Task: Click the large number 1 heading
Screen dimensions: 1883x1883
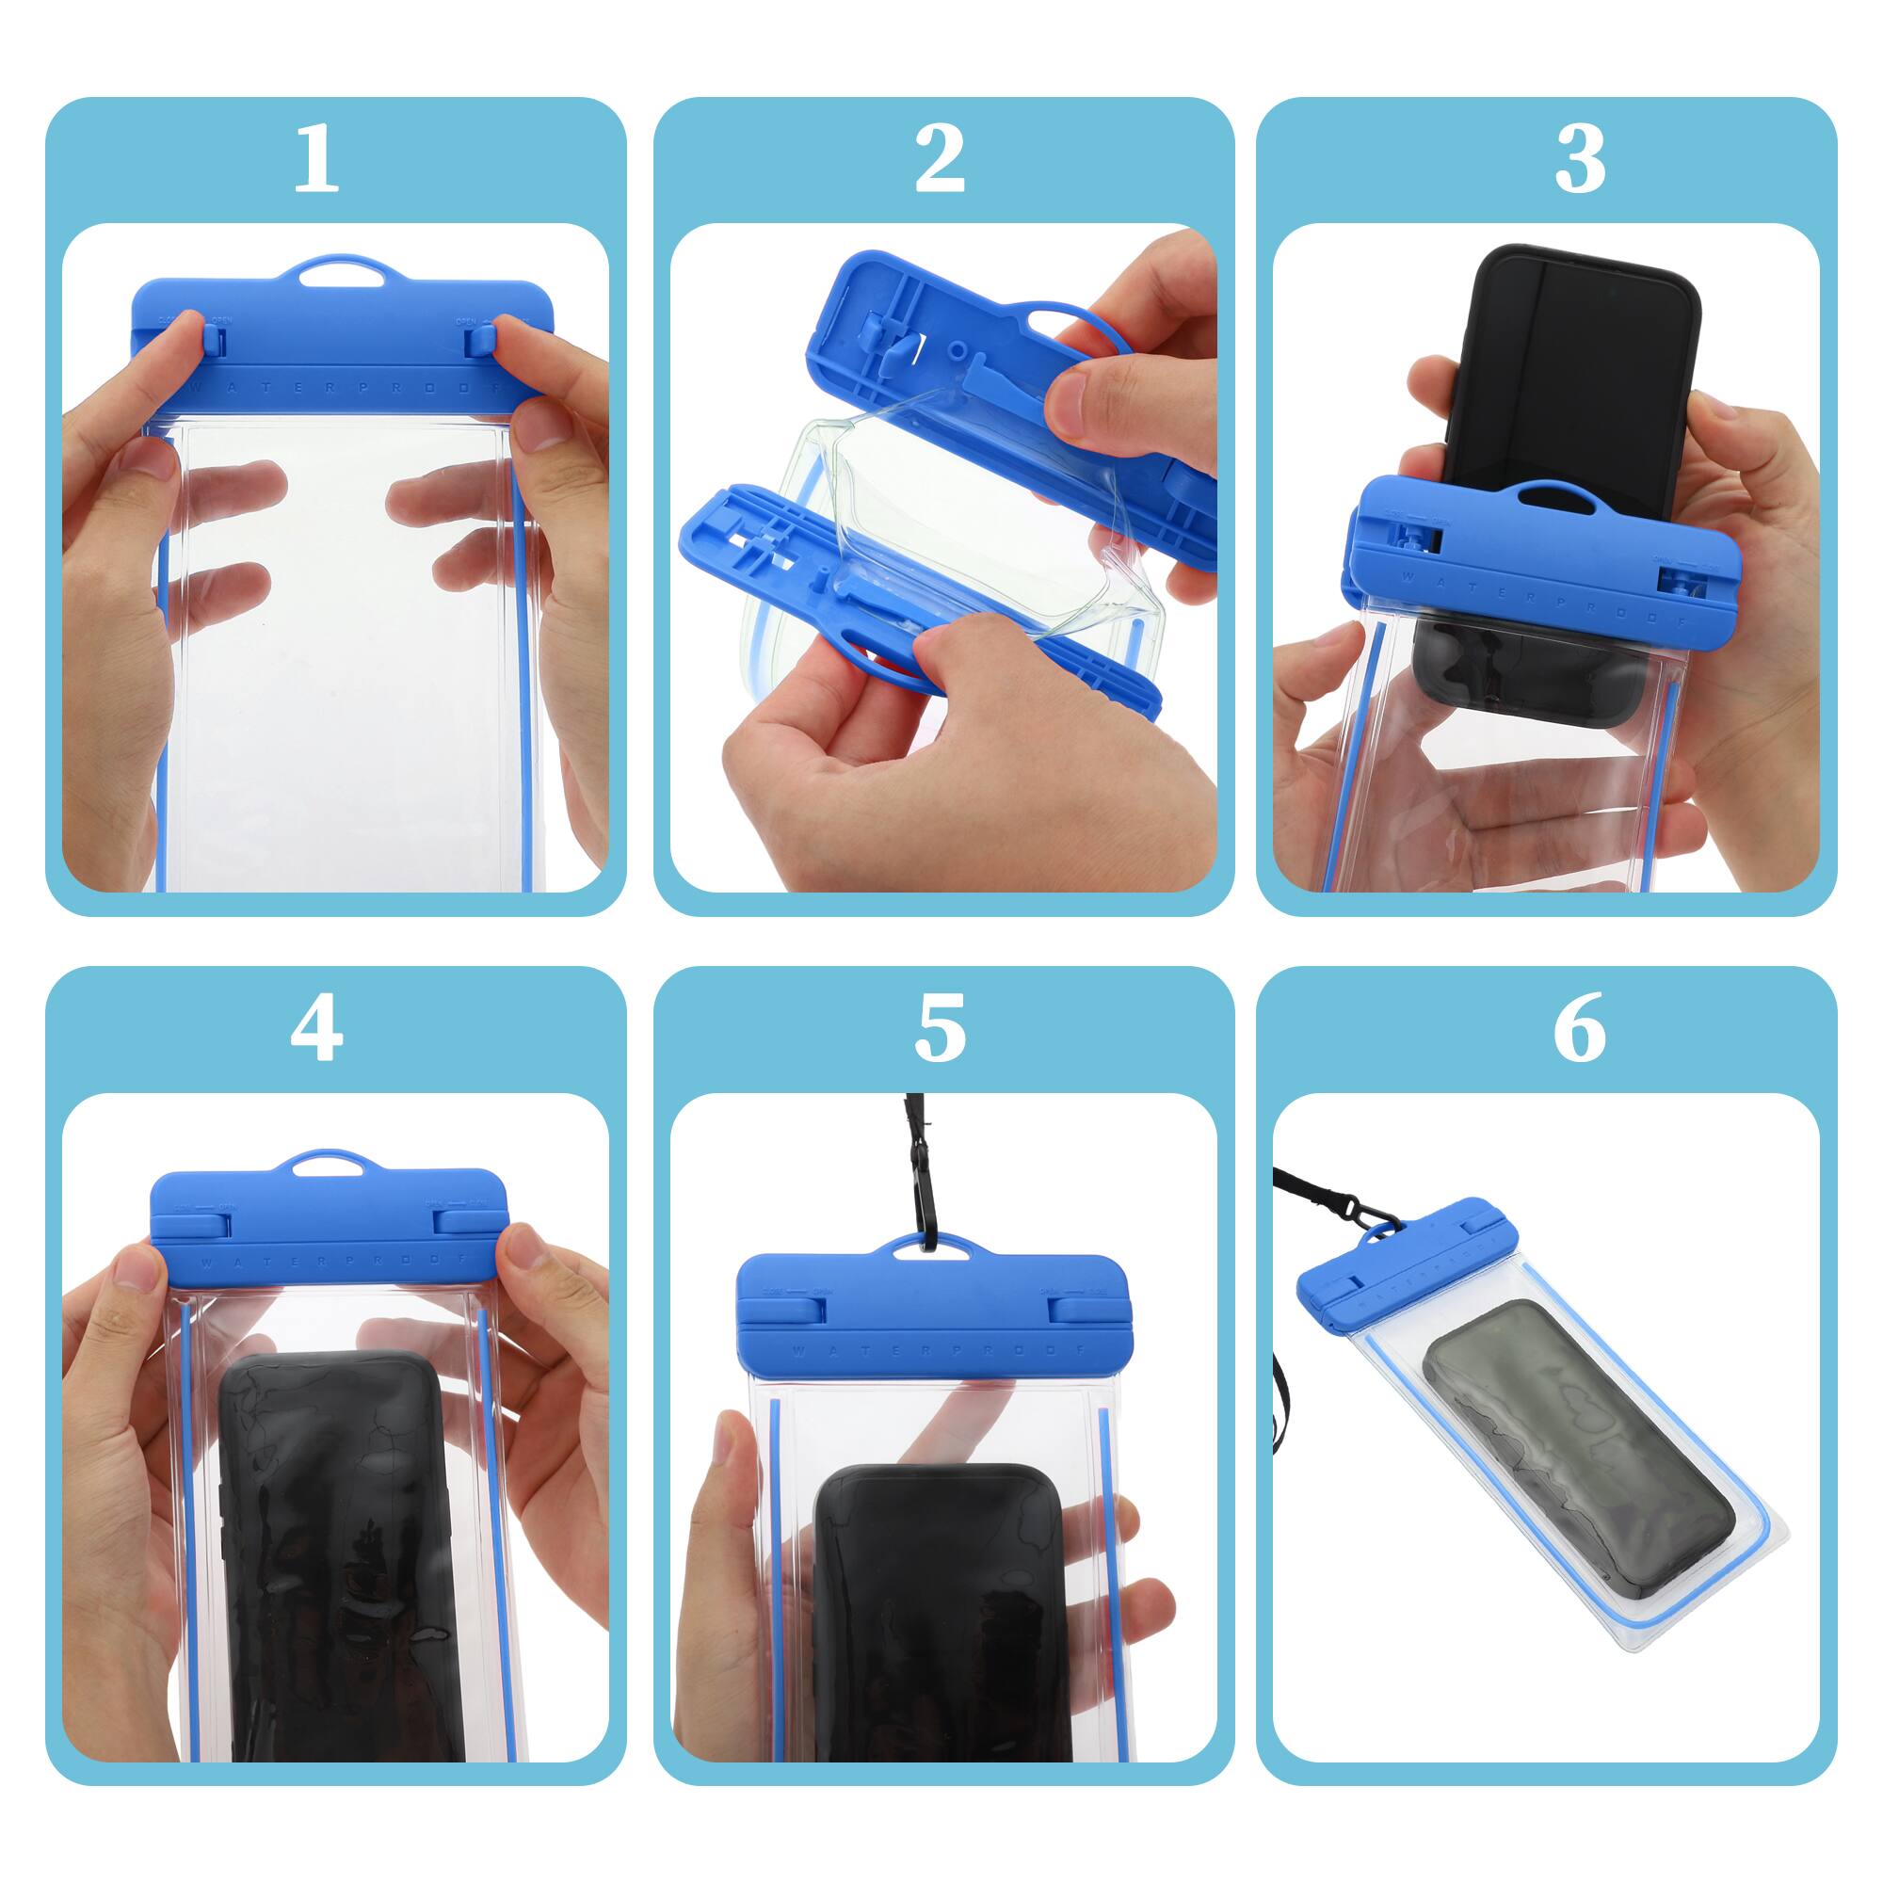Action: [x=315, y=160]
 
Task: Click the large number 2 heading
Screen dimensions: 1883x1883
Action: [x=940, y=160]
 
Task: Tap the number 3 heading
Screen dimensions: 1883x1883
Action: [x=1579, y=160]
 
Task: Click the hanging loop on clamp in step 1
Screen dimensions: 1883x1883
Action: [x=336, y=272]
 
